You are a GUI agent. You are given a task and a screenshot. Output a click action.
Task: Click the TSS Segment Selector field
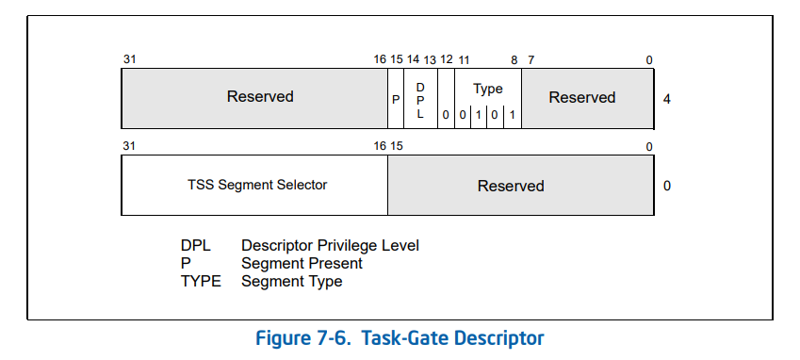pyautogui.click(x=254, y=185)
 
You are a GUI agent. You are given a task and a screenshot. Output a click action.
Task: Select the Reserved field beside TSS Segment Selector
pyautogui.click(x=520, y=185)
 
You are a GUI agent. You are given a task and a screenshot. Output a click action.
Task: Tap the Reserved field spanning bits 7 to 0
pyautogui.click(x=587, y=98)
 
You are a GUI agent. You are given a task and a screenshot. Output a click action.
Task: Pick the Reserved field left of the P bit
pyautogui.click(x=254, y=98)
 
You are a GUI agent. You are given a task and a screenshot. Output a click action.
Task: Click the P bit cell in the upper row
pyautogui.click(x=396, y=98)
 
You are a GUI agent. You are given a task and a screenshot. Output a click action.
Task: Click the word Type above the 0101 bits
pyautogui.click(x=488, y=90)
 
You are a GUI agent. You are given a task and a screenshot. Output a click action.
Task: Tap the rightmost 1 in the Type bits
pyautogui.click(x=513, y=115)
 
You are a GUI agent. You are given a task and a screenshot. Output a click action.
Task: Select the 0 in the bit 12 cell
pyautogui.click(x=446, y=115)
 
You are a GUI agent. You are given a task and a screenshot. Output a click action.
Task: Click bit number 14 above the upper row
pyautogui.click(x=413, y=59)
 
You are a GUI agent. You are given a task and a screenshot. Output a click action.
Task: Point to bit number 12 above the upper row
pyautogui.click(x=446, y=59)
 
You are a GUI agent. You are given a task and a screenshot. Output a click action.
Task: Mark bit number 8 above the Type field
pyautogui.click(x=514, y=60)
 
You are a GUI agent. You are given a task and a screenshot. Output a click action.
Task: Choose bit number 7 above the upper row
pyautogui.click(x=531, y=60)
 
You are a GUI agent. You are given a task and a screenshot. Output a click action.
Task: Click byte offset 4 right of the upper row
pyautogui.click(x=667, y=99)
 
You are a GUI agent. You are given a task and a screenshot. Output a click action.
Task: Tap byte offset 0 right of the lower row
pyautogui.click(x=667, y=186)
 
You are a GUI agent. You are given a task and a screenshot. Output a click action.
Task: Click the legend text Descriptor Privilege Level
pyautogui.click(x=330, y=246)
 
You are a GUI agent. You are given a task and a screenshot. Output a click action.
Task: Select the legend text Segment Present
pyautogui.click(x=302, y=264)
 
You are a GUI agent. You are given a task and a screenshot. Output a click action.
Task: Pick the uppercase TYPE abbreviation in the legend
pyautogui.click(x=201, y=281)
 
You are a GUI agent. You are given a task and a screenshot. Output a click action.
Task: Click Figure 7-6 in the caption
pyautogui.click(x=303, y=338)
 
